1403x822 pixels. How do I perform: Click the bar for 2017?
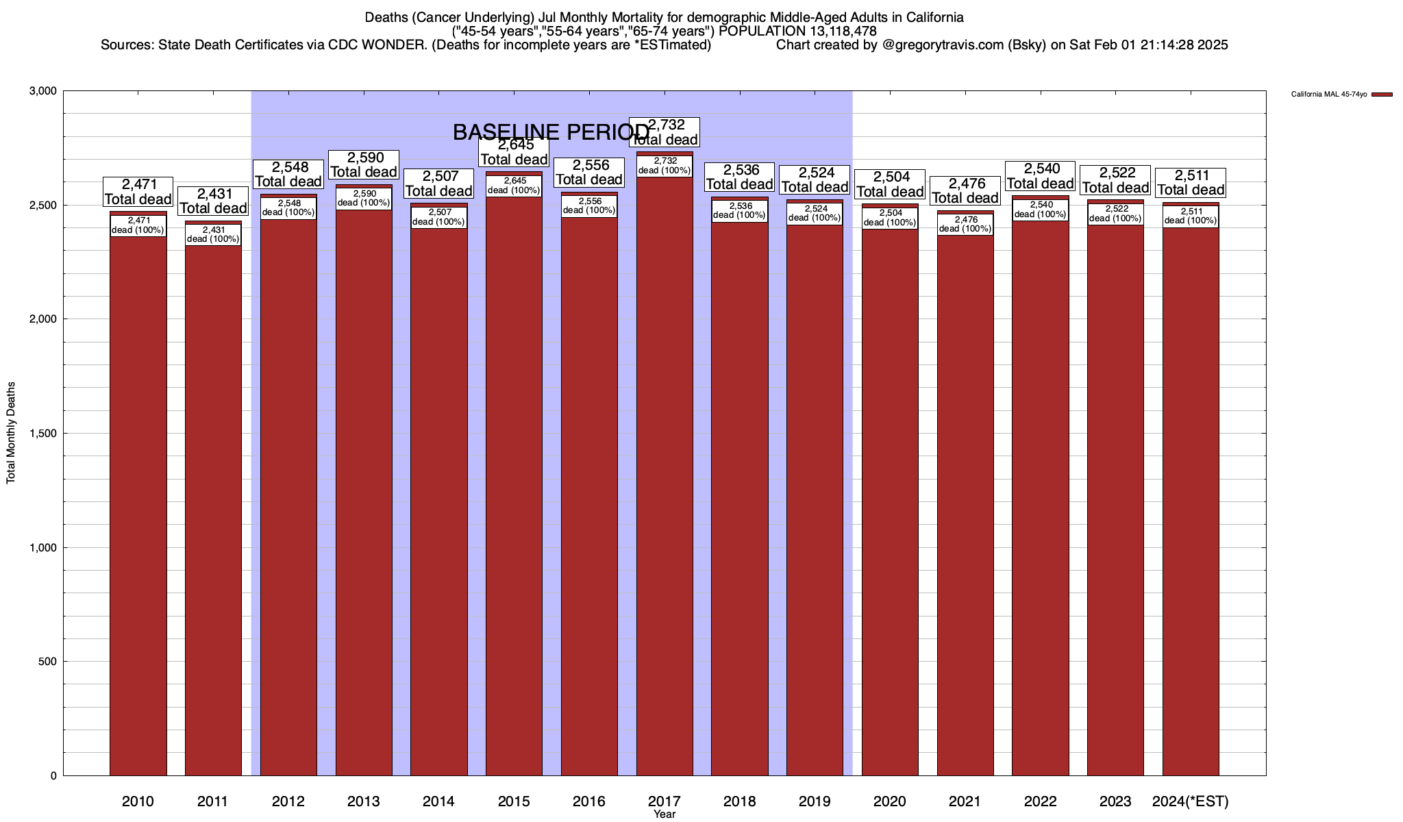[665, 480]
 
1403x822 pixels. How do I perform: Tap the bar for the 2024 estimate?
[1191, 500]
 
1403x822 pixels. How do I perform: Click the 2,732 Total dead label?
[665, 132]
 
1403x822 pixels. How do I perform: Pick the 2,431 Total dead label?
[213, 201]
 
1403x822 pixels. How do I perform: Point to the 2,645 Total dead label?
[514, 152]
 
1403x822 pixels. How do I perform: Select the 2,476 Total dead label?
[965, 190]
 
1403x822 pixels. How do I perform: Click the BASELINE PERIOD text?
[551, 132]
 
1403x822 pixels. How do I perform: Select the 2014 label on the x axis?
[438, 801]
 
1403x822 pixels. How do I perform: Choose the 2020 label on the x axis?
[890, 801]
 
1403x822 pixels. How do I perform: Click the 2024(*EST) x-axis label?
[1191, 801]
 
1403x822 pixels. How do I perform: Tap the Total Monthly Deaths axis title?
[11, 433]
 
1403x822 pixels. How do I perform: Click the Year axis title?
[665, 814]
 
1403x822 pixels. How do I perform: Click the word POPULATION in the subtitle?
[760, 31]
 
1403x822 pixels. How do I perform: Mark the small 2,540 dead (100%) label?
[1041, 210]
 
